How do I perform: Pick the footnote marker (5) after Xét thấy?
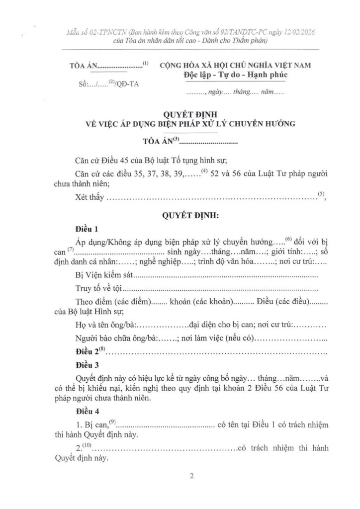coord(322,194)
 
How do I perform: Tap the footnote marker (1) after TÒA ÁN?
coord(146,63)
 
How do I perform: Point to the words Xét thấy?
coord(89,198)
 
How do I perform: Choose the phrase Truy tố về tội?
coord(98,289)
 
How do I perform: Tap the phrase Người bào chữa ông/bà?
coord(115,339)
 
